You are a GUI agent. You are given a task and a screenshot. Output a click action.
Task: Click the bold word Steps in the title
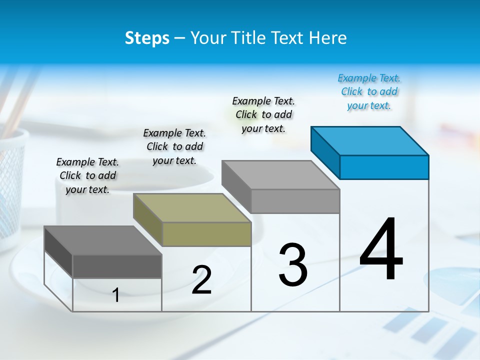147,38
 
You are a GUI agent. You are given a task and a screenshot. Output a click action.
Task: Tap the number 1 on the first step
116,295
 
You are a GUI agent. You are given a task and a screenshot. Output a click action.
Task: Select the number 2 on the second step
201,280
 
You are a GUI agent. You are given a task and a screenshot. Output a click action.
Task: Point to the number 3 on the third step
293,265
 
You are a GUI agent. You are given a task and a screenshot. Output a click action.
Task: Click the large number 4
381,249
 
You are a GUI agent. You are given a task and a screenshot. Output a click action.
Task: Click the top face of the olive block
192,207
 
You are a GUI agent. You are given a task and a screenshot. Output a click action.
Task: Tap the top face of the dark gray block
103,240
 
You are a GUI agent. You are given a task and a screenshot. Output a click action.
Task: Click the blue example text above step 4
369,92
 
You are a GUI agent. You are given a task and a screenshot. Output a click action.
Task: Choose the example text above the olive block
174,147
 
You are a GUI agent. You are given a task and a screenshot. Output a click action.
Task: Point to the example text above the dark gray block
87,176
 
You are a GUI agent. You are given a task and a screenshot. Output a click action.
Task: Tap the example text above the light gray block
263,114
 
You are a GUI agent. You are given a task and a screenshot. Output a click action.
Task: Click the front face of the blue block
384,167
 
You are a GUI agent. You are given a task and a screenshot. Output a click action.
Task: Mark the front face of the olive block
206,234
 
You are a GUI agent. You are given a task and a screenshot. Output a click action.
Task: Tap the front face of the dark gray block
117,266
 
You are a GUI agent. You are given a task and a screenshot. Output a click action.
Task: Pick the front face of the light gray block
295,201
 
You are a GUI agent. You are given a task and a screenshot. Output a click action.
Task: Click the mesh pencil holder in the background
11,180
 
